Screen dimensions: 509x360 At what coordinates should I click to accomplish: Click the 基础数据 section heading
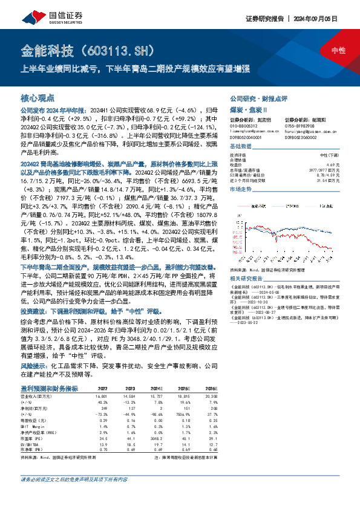pos(240,146)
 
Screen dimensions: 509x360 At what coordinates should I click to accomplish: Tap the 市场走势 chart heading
pos(240,189)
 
